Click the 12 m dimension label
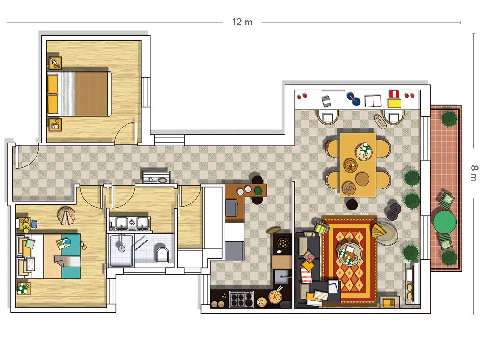242,22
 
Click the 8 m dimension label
474,173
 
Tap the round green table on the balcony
444,220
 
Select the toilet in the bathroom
162,254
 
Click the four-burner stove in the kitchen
241,299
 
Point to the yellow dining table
358,165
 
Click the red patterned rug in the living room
350,261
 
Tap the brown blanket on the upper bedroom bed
91,94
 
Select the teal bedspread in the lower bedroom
71,256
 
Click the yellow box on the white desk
394,103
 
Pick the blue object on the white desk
353,99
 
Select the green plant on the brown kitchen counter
258,190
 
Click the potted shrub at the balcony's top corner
449,119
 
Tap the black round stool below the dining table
352,204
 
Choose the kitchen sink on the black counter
281,277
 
